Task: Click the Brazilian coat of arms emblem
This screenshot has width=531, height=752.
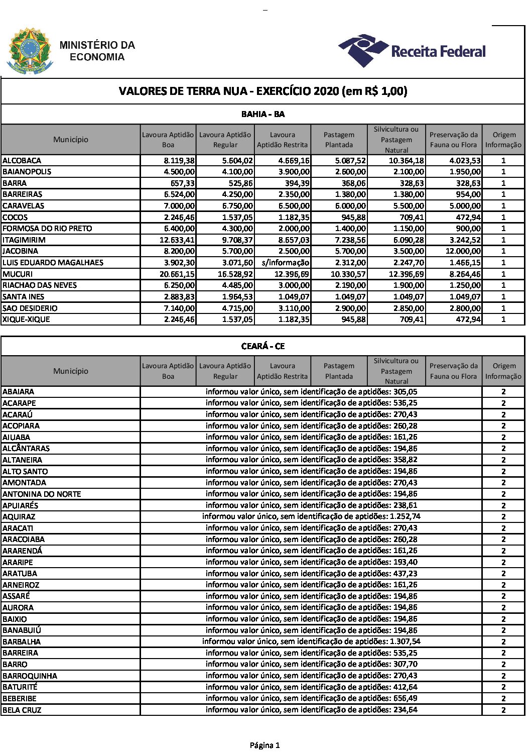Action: (x=29, y=51)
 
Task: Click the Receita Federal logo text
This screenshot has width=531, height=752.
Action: (x=438, y=51)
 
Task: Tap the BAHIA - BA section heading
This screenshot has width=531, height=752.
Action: (x=262, y=115)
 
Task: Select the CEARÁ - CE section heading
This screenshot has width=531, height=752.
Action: (x=262, y=347)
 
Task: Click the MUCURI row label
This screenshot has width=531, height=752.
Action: (x=18, y=274)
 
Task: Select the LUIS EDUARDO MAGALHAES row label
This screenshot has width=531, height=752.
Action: (x=53, y=263)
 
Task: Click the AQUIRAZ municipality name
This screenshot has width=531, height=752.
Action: (x=19, y=517)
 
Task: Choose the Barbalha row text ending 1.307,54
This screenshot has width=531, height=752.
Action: (x=311, y=641)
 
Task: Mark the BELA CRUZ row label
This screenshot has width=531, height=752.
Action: (x=22, y=710)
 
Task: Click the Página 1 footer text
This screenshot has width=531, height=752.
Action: (x=264, y=745)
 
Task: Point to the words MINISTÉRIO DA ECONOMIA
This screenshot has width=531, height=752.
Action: (x=97, y=51)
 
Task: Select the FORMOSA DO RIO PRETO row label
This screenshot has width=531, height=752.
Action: (x=47, y=229)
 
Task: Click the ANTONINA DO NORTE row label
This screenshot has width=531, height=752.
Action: (x=42, y=494)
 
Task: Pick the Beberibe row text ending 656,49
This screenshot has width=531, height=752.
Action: (x=311, y=698)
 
